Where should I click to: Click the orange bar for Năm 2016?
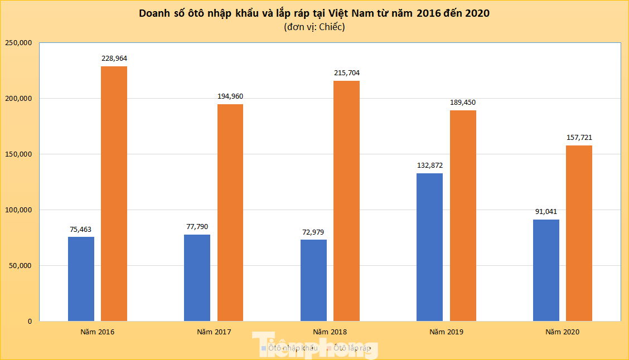pos(114,193)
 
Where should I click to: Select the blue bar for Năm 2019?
pos(429,247)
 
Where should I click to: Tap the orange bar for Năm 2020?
pos(579,233)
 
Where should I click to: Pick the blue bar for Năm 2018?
pos(313,280)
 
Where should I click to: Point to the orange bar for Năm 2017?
pos(230,212)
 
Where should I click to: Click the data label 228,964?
pos(114,58)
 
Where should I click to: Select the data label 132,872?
pos(429,165)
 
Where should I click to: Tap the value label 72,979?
pos(313,232)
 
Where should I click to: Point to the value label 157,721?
pos(579,137)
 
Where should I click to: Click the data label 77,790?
pos(197,227)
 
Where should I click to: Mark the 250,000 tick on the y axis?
pos(18,43)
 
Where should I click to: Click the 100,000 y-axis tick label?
pos(18,210)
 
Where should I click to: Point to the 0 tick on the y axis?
pos(30,322)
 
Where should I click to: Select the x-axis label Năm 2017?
pos(214,332)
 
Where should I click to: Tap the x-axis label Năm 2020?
pos(563,332)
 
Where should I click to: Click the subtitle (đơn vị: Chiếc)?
pos(314,27)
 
